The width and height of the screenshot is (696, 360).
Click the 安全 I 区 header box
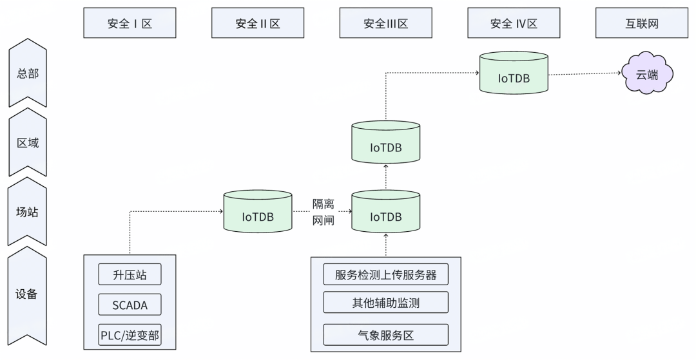pyautogui.click(x=130, y=24)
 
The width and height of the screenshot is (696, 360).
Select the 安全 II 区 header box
pyautogui.click(x=258, y=24)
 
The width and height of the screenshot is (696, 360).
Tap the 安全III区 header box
pyautogui.click(x=385, y=24)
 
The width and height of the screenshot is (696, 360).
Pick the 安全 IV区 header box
pyautogui.click(x=514, y=24)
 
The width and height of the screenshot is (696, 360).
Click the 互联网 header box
pyautogui.click(x=641, y=24)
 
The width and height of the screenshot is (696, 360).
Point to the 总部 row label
pyautogui.click(x=28, y=73)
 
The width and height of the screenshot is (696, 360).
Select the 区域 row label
pyautogui.click(x=28, y=142)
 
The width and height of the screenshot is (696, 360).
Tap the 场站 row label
pyautogui.click(x=28, y=211)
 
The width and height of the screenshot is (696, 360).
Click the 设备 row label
pyautogui.click(x=28, y=294)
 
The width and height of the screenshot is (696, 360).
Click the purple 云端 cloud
pyautogui.click(x=647, y=75)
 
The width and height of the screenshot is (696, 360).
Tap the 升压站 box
pyautogui.click(x=130, y=274)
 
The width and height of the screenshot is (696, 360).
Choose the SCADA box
pyautogui.click(x=130, y=305)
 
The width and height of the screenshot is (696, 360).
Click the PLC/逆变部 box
pyautogui.click(x=130, y=334)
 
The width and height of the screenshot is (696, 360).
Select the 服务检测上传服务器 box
pyautogui.click(x=385, y=274)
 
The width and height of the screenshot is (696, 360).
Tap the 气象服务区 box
pyautogui.click(x=385, y=334)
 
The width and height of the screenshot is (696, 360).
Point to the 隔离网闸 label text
pyautogui.click(x=323, y=211)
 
